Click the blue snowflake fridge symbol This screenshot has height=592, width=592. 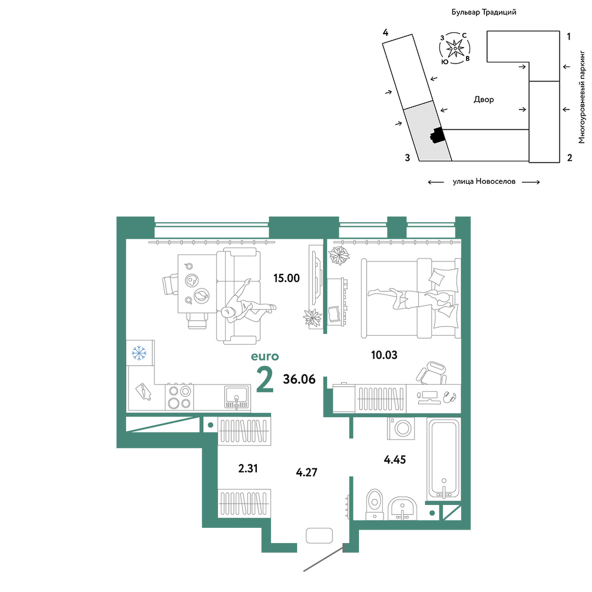point(139,353)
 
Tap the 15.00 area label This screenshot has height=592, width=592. point(286,278)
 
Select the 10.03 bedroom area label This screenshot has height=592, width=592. point(384,355)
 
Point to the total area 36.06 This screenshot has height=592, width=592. point(299,379)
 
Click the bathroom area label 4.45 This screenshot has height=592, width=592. point(395,459)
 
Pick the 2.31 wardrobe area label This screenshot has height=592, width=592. point(248,468)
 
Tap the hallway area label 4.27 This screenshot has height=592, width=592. point(306,472)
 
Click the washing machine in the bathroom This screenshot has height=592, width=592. point(401,428)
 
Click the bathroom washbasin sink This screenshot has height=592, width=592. point(402,508)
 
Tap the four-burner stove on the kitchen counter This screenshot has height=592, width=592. point(179,397)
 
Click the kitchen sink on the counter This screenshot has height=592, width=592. point(237,397)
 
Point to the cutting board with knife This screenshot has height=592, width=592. point(144,391)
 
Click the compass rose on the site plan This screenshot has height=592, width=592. point(455,48)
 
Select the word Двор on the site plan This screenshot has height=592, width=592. point(484,100)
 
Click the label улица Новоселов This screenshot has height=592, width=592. point(484,181)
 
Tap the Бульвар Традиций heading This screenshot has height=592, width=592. point(484,12)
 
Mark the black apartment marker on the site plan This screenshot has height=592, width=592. point(437,135)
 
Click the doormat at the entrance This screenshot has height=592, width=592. point(319,535)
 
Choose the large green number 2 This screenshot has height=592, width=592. point(264,379)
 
